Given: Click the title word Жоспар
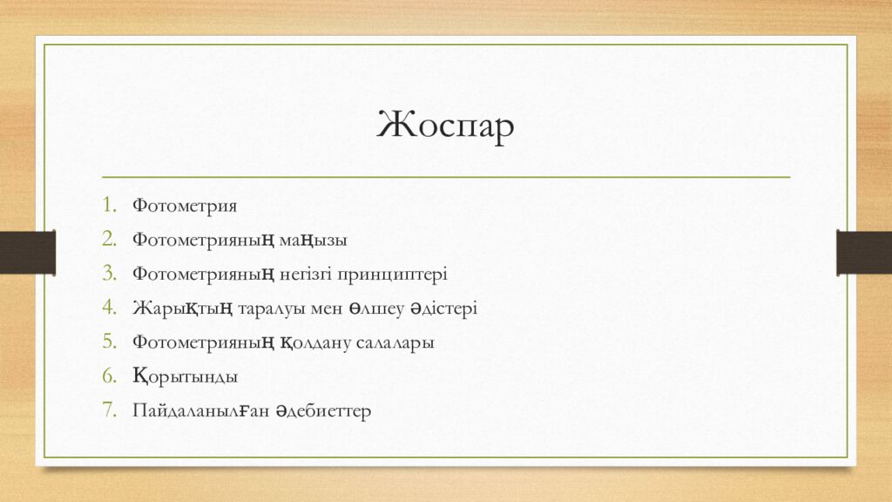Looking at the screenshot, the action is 445,125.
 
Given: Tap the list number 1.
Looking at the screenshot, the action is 109,205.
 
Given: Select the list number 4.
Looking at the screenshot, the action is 109,308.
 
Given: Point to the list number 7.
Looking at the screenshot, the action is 109,410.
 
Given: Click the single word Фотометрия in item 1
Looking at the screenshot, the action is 185,206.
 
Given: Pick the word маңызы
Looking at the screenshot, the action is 313,241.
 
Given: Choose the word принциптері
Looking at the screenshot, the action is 392,275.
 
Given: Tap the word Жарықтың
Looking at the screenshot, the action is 183,309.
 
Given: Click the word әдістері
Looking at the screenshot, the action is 443,309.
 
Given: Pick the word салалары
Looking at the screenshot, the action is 395,343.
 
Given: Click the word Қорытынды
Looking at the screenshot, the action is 185,376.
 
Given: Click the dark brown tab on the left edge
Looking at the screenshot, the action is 27,253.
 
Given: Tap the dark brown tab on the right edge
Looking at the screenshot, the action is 864,253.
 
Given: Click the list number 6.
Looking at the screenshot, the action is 109,376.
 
